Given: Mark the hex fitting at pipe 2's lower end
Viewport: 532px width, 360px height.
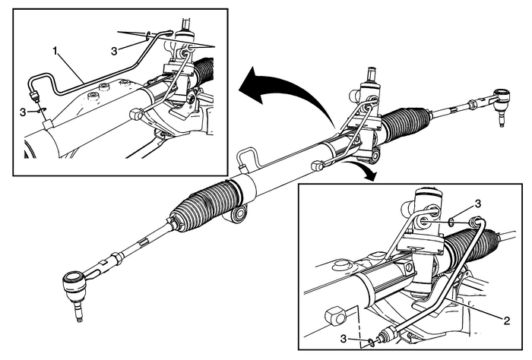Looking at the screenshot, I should tap(389, 333).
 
